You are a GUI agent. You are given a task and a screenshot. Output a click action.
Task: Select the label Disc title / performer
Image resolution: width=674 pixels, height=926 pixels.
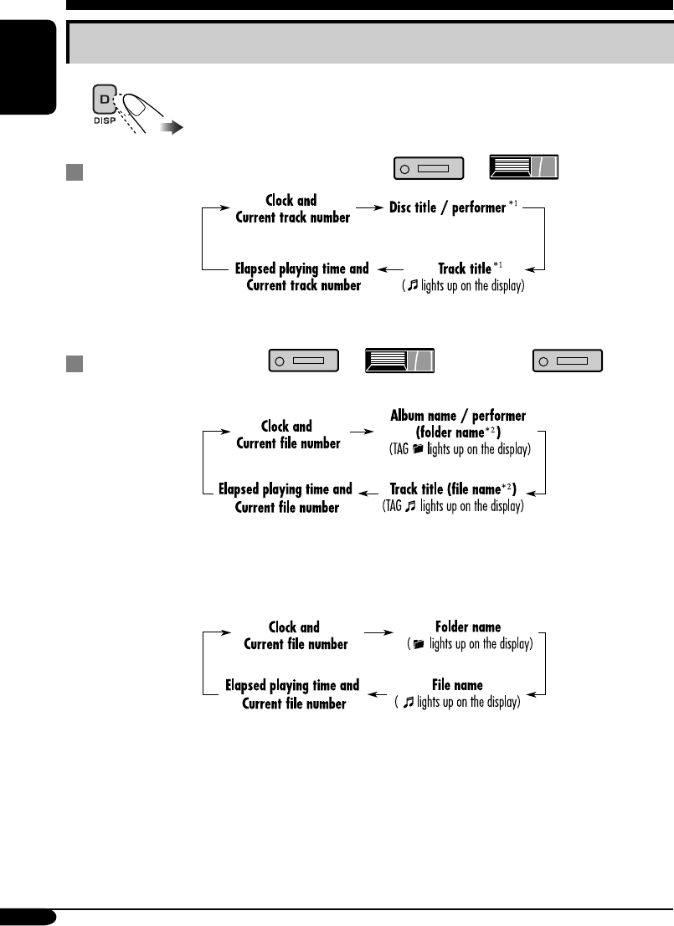447,207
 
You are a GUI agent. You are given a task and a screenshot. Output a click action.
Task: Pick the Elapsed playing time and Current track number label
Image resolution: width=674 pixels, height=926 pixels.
301,277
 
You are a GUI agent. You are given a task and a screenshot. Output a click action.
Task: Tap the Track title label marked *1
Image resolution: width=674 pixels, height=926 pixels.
465,269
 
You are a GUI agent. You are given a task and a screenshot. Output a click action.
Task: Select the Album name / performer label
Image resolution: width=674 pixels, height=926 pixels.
458,416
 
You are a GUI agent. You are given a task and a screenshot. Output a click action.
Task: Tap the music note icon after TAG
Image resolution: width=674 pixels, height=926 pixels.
410,507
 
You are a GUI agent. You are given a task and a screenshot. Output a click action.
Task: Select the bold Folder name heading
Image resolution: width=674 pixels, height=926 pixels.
468,627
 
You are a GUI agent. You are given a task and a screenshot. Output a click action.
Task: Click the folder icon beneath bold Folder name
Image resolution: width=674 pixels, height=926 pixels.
419,644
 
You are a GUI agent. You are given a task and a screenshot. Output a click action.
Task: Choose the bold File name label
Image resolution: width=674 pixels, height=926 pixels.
458,686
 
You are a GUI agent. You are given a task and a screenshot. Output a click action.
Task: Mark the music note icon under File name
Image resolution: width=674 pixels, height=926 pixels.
409,703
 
